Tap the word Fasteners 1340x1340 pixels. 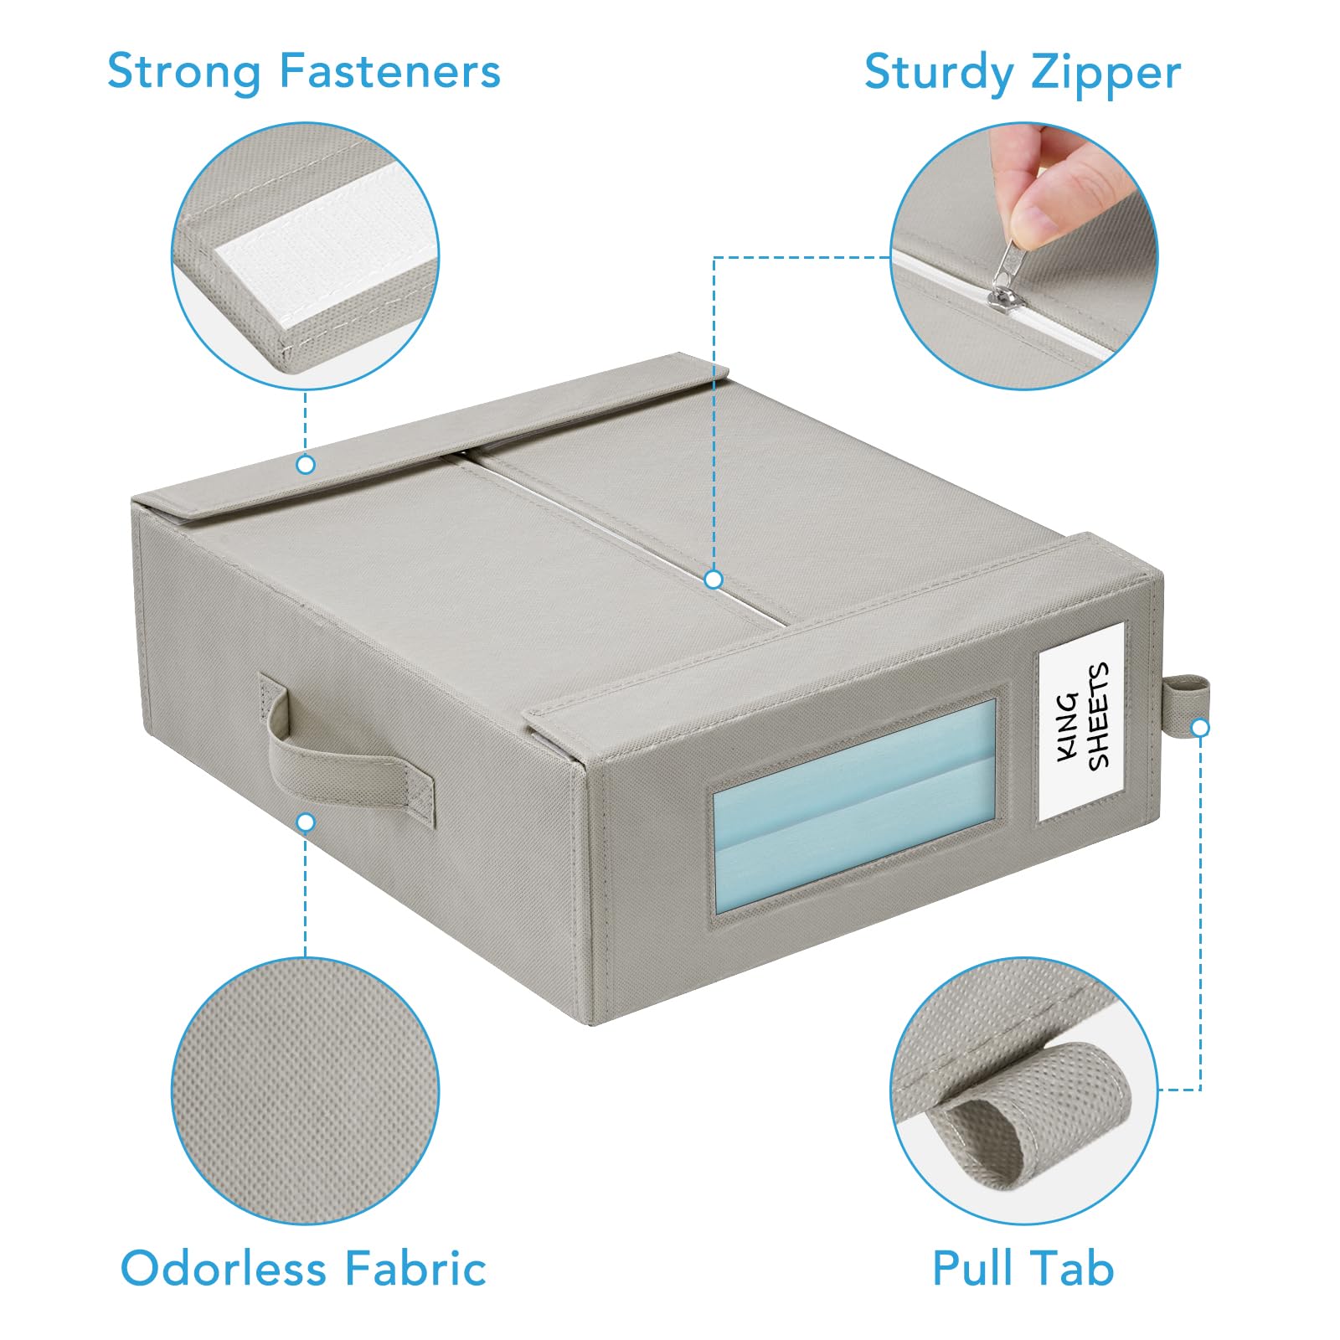tap(389, 70)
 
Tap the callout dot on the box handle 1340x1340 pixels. tap(306, 822)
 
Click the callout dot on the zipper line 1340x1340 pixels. tap(714, 580)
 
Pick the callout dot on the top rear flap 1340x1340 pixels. tap(306, 464)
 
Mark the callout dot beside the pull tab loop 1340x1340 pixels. tap(1200, 728)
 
